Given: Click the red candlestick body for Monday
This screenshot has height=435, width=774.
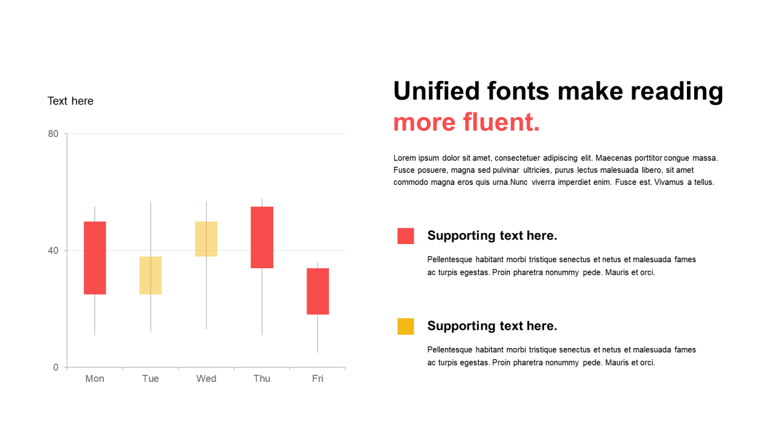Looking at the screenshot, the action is (95, 258).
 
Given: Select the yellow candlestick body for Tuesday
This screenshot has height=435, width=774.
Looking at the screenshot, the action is (151, 275).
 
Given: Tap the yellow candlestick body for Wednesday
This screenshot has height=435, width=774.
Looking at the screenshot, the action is (206, 239).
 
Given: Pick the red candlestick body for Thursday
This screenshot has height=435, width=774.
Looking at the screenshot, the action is (262, 237).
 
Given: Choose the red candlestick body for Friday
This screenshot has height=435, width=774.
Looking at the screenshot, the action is (318, 291).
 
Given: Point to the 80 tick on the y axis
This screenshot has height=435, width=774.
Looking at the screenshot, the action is (53, 134).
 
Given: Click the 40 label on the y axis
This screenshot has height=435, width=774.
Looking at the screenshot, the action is (53, 251).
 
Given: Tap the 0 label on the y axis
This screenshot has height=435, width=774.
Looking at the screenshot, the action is (56, 367).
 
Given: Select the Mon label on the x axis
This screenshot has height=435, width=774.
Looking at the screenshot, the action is (95, 379).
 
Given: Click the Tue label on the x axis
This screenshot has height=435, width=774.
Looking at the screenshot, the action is (151, 379).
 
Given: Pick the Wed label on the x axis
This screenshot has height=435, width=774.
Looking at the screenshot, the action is (206, 379).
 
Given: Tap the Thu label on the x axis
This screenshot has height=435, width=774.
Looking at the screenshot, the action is (262, 379).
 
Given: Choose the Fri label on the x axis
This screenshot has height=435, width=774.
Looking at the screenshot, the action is (317, 379).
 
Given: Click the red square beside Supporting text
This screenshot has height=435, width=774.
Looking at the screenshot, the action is (406, 236).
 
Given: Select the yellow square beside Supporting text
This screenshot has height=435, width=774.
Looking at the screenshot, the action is (406, 326).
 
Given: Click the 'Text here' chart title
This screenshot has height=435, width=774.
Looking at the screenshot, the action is (71, 101).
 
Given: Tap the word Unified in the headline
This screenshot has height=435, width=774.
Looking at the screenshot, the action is (437, 91).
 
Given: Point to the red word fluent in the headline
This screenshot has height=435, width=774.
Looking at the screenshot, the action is (501, 122).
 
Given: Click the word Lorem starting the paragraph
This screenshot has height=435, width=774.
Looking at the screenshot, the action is (405, 158).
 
